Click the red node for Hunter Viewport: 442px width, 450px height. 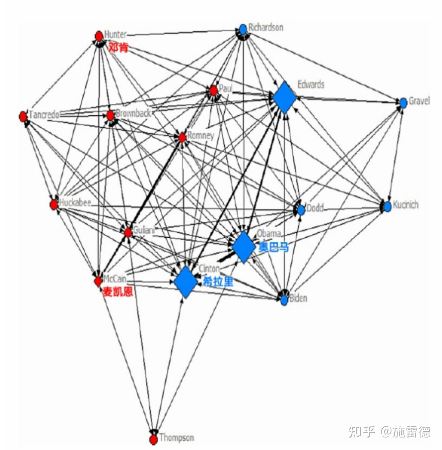tap(99, 36)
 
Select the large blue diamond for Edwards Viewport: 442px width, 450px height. tap(284, 98)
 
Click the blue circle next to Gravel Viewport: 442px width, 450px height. tap(403, 102)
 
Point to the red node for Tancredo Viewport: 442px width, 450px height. tap(23, 116)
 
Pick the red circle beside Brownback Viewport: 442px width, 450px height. tap(110, 115)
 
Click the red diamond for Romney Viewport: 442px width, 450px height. tap(182, 137)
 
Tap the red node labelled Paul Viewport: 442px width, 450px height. tap(214, 91)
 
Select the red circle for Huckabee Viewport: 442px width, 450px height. tap(54, 205)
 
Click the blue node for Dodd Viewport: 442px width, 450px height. tap(301, 210)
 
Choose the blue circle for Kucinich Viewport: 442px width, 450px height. tap(387, 206)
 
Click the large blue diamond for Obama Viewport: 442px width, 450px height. tap(244, 247)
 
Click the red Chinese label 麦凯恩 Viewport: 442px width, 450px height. tap(118, 291)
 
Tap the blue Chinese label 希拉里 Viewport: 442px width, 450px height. tap(218, 281)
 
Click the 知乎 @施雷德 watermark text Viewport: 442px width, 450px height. tap(389, 431)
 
